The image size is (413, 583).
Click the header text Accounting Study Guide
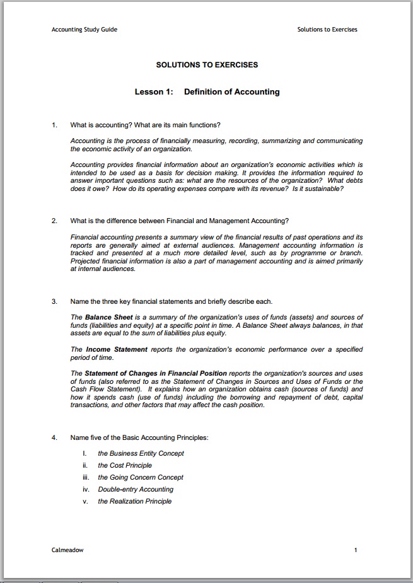pyautogui.click(x=84, y=30)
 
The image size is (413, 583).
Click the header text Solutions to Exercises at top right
pyautogui.click(x=327, y=30)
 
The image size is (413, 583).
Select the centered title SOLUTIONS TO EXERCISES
pyautogui.click(x=207, y=65)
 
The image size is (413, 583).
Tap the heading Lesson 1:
pyautogui.click(x=154, y=92)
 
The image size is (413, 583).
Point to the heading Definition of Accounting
pyautogui.click(x=231, y=92)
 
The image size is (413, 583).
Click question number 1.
pyautogui.click(x=54, y=125)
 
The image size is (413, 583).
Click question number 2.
pyautogui.click(x=54, y=221)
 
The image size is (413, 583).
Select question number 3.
pyautogui.click(x=54, y=301)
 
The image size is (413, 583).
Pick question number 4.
pyautogui.click(x=54, y=437)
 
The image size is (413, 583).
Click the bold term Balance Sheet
pyautogui.click(x=108, y=317)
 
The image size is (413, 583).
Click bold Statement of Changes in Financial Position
pyautogui.click(x=156, y=373)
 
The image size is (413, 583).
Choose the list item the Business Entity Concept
pyautogui.click(x=141, y=453)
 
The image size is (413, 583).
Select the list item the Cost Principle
pyautogui.click(x=125, y=465)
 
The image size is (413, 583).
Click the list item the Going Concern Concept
pyautogui.click(x=141, y=477)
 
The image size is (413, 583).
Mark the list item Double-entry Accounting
pyautogui.click(x=136, y=489)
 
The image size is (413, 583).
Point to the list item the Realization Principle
pyautogui.click(x=134, y=501)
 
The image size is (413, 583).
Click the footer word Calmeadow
pyautogui.click(x=67, y=550)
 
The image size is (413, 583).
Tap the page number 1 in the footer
pyautogui.click(x=356, y=550)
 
